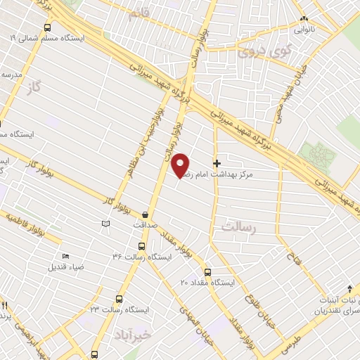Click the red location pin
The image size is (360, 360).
pos(181,165)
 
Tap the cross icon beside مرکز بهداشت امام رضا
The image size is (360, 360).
pos(217,163)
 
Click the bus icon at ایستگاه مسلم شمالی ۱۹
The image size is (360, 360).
pos(47,27)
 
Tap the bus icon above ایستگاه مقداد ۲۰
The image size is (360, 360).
pos(207,272)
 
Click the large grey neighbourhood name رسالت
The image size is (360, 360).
pos(240,227)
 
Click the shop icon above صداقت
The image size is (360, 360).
pos(146,214)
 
